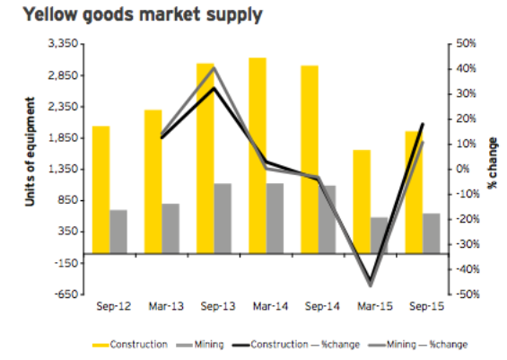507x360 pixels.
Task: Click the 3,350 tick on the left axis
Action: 66,43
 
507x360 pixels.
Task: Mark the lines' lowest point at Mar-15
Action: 370,285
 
